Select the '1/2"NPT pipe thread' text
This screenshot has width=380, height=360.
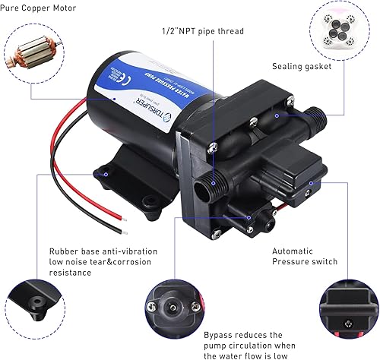[204, 32]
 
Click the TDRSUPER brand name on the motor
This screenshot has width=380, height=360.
[137, 112]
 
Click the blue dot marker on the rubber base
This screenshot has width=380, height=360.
[106, 174]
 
